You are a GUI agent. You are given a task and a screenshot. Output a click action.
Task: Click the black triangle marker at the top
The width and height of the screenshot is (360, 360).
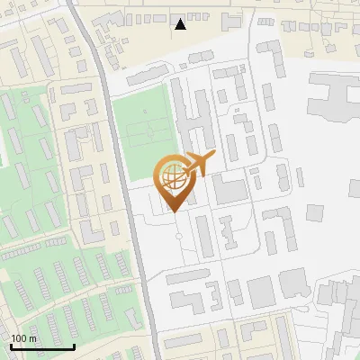click(180, 24)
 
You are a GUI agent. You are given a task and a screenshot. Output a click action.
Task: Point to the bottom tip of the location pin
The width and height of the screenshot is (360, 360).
click(172, 211)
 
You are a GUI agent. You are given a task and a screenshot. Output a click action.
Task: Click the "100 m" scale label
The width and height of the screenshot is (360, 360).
click(24, 338)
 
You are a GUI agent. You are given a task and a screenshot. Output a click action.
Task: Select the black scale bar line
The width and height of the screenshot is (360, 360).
click(42, 346)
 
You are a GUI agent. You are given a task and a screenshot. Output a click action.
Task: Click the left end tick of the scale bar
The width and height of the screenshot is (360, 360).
click(11, 345)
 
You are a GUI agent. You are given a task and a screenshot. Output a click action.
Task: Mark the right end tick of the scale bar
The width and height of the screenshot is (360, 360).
click(75, 345)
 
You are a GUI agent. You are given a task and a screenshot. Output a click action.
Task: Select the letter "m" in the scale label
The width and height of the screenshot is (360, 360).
click(33, 338)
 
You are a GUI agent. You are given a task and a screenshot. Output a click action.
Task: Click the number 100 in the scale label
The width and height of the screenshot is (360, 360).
click(20, 338)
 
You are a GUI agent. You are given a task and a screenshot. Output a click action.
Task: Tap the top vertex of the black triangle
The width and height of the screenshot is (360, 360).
click(180, 19)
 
